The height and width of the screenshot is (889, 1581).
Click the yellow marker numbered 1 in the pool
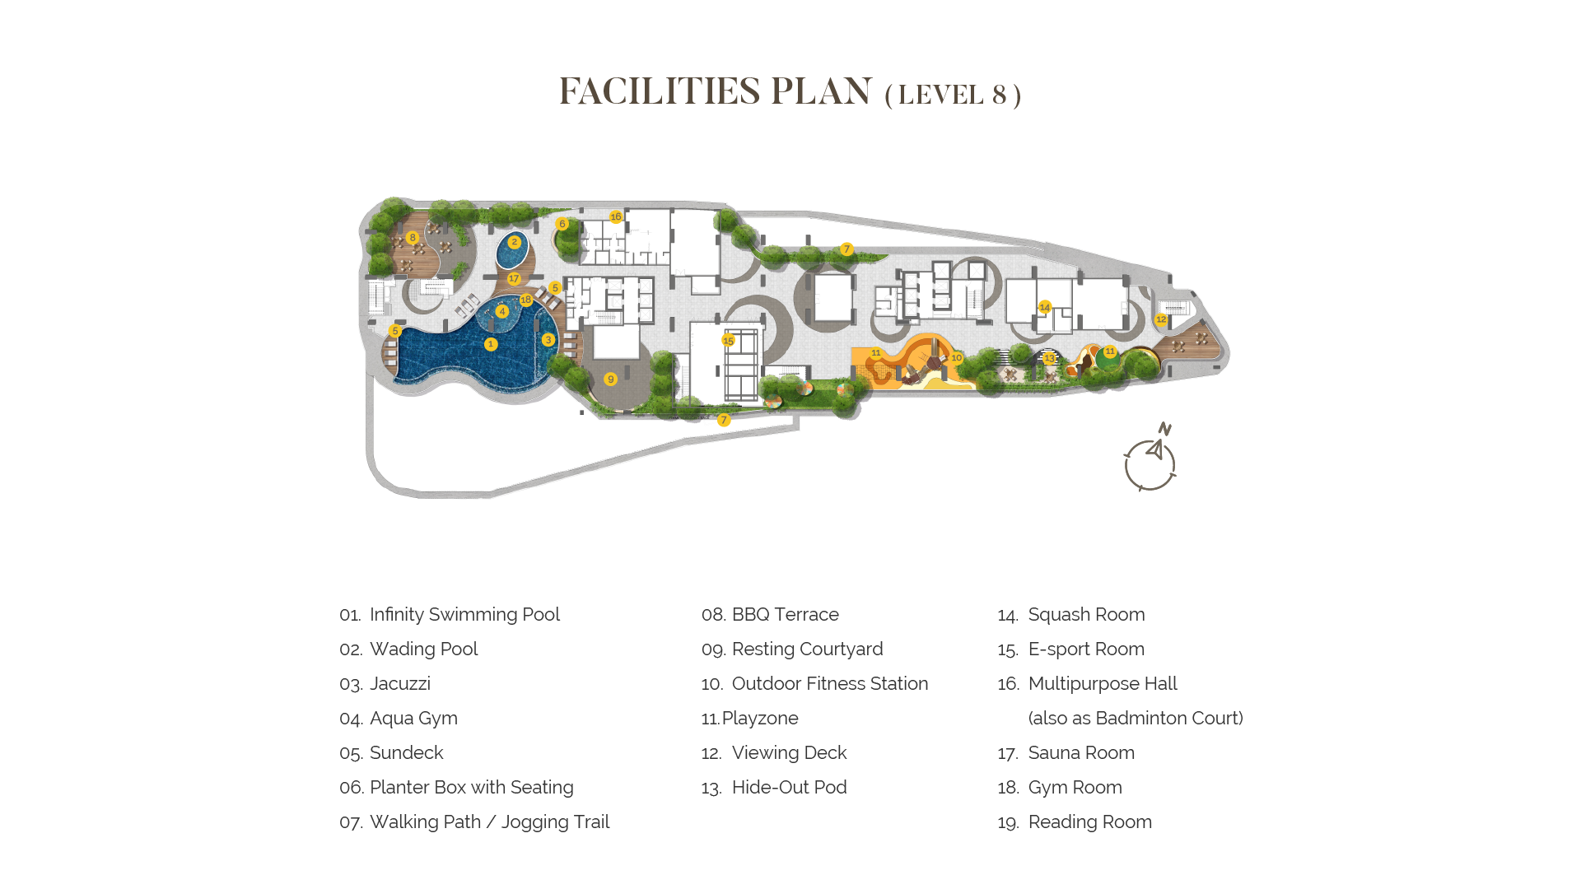pyautogui.click(x=491, y=344)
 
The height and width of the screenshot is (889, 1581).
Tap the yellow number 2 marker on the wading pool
pyautogui.click(x=515, y=242)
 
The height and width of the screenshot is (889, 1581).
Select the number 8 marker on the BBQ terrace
pyautogui.click(x=413, y=238)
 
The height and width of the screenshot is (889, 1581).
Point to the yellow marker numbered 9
pyautogui.click(x=610, y=379)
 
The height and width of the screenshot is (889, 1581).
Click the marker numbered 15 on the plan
pyautogui.click(x=728, y=341)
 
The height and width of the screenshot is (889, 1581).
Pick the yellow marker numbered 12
pyautogui.click(x=1161, y=319)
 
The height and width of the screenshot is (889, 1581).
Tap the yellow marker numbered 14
pyautogui.click(x=1045, y=307)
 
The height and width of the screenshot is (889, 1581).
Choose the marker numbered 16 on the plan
pyautogui.click(x=616, y=217)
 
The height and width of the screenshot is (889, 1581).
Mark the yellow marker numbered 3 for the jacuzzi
pyautogui.click(x=548, y=340)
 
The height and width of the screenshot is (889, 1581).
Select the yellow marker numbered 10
pyautogui.click(x=956, y=358)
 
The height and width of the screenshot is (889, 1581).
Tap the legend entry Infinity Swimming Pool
pyautogui.click(x=464, y=615)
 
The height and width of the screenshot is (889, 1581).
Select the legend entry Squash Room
pyautogui.click(x=1086, y=615)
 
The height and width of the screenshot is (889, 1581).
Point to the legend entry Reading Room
pyautogui.click(x=1089, y=822)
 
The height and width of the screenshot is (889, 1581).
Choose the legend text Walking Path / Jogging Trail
pyautogui.click(x=489, y=822)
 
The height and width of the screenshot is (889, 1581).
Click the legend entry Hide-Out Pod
pyautogui.click(x=789, y=788)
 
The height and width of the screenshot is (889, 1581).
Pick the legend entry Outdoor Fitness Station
pyautogui.click(x=830, y=684)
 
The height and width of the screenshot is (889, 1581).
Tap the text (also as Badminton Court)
pyautogui.click(x=1136, y=719)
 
